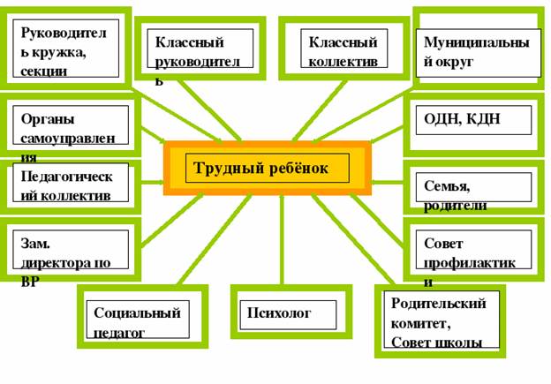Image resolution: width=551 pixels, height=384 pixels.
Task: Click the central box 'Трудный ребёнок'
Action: coord(267,168)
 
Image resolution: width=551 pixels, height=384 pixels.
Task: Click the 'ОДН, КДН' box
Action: coord(478,120)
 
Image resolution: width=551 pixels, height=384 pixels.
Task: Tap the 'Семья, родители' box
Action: coord(478,188)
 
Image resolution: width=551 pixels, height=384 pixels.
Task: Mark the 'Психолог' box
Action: coord(291,314)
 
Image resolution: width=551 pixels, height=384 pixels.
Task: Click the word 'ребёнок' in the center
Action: coord(296,168)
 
